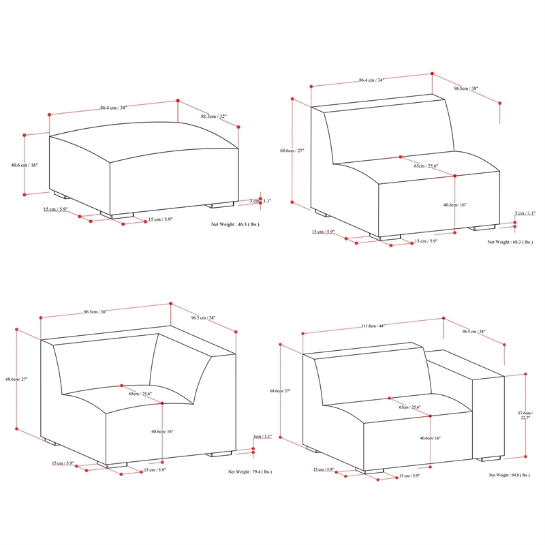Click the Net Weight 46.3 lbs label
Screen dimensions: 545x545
[235, 223]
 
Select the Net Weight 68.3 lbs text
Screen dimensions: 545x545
[510, 242]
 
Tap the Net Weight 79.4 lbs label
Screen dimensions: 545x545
[250, 471]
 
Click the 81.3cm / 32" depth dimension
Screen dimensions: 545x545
[215, 117]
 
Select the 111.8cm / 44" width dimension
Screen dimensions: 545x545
[373, 326]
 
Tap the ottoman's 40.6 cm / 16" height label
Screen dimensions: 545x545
[25, 165]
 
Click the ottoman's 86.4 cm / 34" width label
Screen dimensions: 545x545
[113, 108]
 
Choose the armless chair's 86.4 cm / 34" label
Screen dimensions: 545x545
[371, 80]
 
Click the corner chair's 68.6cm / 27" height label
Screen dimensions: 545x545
[16, 379]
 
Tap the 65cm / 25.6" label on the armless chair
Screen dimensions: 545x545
[426, 166]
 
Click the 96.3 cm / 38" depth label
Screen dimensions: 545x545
[473, 332]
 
